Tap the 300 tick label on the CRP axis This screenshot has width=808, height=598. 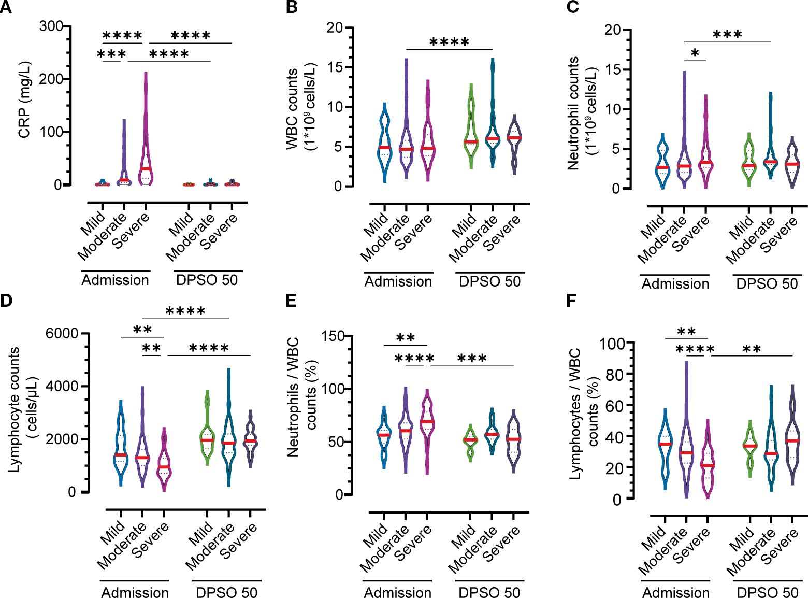(x=51, y=26)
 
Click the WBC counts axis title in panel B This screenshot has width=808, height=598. (x=300, y=108)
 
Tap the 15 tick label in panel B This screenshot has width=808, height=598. (x=335, y=67)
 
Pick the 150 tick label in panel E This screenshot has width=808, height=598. (x=337, y=336)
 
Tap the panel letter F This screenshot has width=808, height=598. (x=571, y=300)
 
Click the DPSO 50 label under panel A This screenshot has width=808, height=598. (x=207, y=280)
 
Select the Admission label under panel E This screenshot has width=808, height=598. (x=397, y=592)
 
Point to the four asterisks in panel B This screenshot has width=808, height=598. (x=449, y=42)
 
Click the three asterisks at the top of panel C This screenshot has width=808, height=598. (x=727, y=35)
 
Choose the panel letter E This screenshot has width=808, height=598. (x=291, y=300)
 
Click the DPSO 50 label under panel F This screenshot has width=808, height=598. (x=767, y=592)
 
